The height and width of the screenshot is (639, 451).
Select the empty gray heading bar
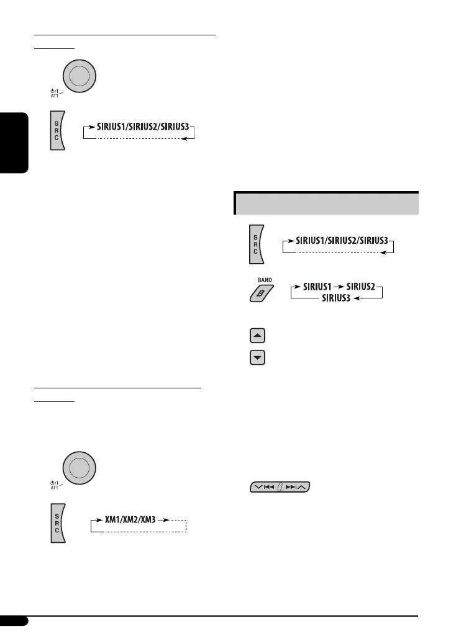click(x=326, y=203)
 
